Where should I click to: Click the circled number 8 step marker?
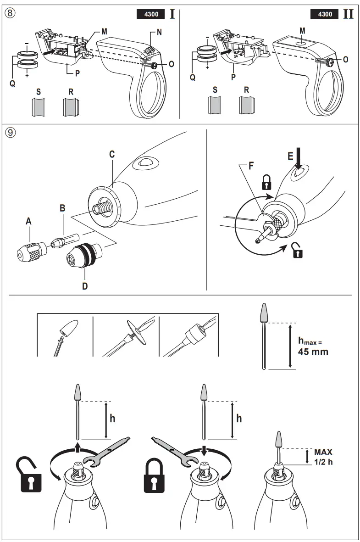tap(10, 13)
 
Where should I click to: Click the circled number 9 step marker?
tap(10, 133)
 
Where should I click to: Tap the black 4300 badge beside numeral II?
tap(325, 14)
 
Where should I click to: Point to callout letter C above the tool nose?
tap(111, 155)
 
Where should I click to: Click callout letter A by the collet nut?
tap(28, 221)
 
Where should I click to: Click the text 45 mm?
tap(313, 352)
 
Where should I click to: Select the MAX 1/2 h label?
tap(323, 457)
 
